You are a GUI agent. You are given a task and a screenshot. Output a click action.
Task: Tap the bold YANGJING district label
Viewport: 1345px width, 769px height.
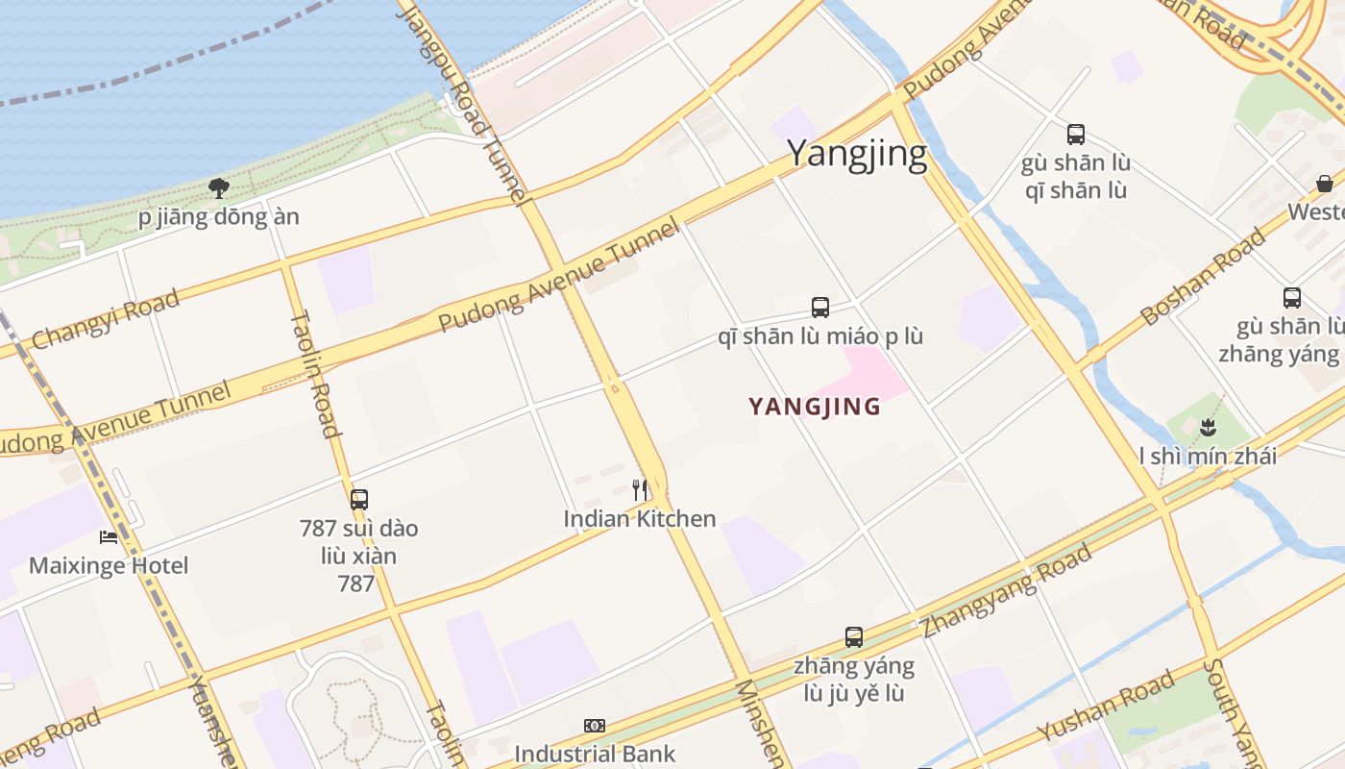pyautogui.click(x=815, y=407)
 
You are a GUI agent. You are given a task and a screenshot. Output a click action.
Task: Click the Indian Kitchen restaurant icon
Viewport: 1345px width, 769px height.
pyautogui.click(x=640, y=490)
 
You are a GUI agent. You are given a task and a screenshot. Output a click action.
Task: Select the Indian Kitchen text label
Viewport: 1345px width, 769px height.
pyautogui.click(x=640, y=519)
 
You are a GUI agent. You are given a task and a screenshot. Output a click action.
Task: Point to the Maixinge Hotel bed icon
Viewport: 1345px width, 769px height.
pyautogui.click(x=109, y=537)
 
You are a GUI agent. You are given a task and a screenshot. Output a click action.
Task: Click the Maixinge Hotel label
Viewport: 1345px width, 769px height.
pyautogui.click(x=109, y=565)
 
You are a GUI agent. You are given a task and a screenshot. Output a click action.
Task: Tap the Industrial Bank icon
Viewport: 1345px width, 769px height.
pyautogui.click(x=595, y=726)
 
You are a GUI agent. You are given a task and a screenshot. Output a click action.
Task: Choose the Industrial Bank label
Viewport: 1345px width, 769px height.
pyautogui.click(x=595, y=754)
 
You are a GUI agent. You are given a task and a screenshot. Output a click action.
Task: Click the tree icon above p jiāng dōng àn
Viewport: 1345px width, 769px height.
pyautogui.click(x=219, y=187)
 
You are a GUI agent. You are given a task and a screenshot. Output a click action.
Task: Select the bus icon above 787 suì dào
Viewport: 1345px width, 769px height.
pyautogui.click(x=359, y=500)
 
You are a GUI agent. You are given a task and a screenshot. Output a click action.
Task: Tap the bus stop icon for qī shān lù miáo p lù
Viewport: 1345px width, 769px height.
pyautogui.click(x=820, y=308)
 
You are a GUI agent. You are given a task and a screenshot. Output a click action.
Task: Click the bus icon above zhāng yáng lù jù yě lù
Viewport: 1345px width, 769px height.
pyautogui.click(x=854, y=636)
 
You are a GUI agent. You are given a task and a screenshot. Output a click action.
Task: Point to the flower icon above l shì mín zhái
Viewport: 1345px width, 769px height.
pyautogui.click(x=1209, y=427)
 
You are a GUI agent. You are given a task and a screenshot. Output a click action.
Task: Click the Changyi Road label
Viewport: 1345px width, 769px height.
pyautogui.click(x=106, y=320)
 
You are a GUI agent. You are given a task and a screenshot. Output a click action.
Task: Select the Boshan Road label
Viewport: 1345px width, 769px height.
pyautogui.click(x=1204, y=277)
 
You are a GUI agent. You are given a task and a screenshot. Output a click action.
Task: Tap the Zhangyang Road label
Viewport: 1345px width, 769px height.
pyautogui.click(x=1007, y=591)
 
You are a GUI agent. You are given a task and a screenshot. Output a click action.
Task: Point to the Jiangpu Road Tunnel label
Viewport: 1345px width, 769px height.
pyautogui.click(x=464, y=101)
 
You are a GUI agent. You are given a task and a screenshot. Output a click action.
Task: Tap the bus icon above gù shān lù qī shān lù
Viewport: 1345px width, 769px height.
pyautogui.click(x=1076, y=135)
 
